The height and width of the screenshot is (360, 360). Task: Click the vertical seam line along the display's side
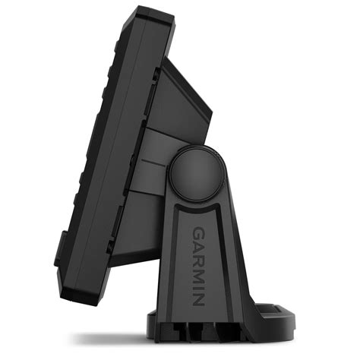pyautogui.click(x=133, y=152)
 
